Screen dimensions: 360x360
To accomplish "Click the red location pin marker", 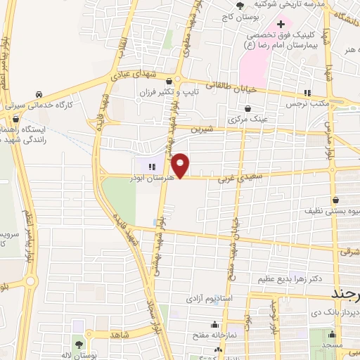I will click(181, 165).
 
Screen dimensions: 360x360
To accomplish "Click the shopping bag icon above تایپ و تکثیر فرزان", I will click(169, 81).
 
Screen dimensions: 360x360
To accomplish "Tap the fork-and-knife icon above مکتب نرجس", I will click(307, 93).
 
